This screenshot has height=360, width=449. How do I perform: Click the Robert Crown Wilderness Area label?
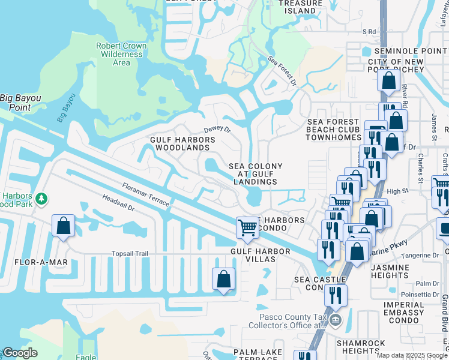[121, 54]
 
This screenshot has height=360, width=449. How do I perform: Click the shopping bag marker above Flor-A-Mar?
[64, 226]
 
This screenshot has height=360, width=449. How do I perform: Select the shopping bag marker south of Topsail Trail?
[223, 279]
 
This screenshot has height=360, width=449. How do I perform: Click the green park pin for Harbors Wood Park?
[41, 198]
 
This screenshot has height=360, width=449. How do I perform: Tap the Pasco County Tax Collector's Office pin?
[336, 320]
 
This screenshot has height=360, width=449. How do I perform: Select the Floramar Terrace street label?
[146, 195]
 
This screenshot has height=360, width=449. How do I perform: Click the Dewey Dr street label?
[217, 129]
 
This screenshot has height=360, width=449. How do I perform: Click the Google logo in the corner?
[20, 353]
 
